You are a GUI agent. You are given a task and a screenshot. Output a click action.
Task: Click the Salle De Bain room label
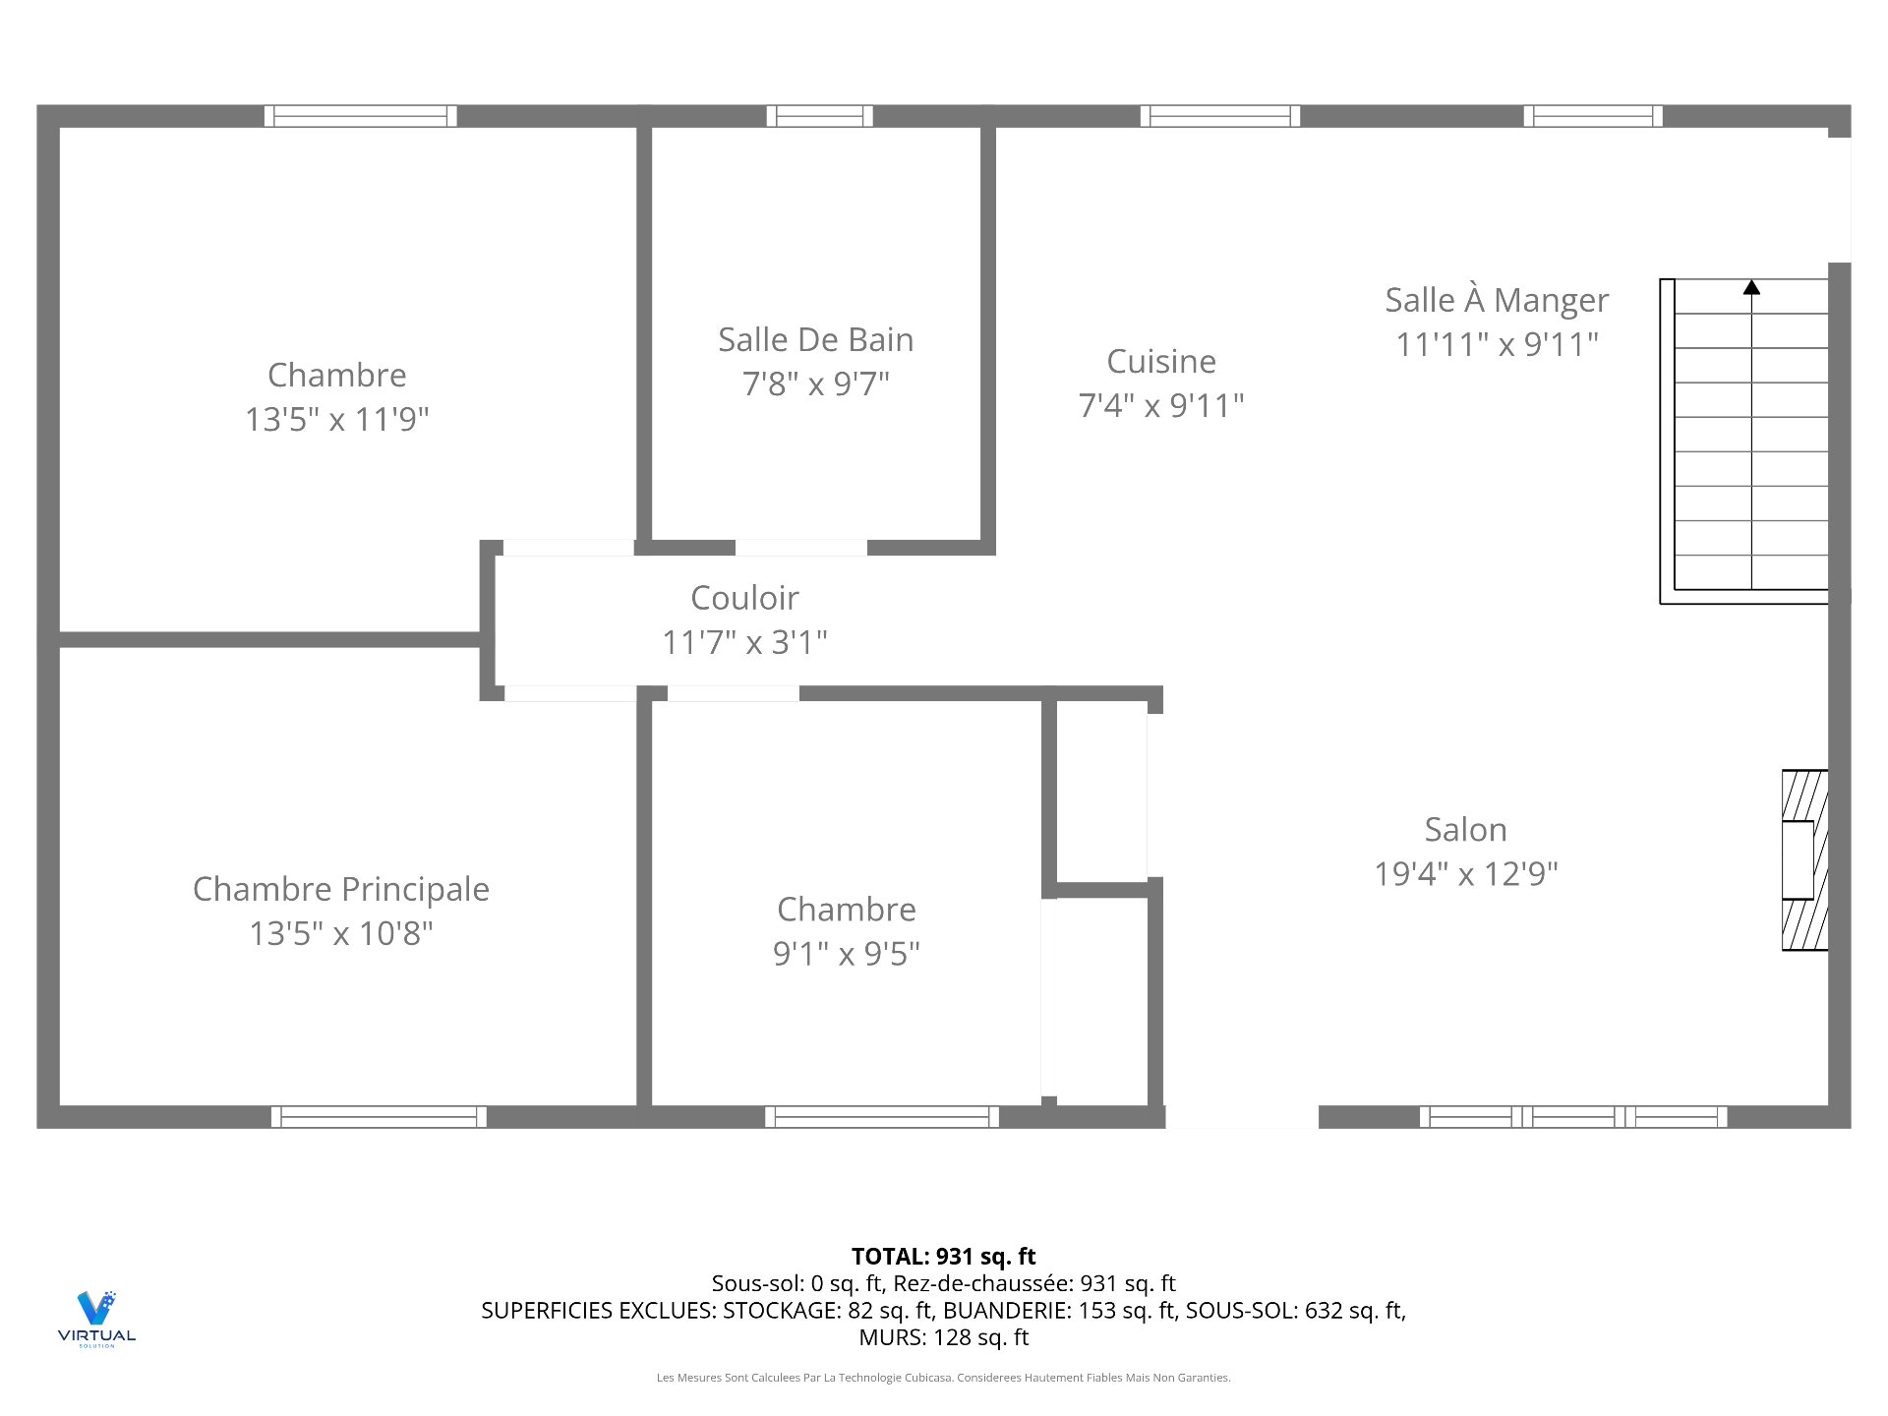pyautogui.click(x=815, y=340)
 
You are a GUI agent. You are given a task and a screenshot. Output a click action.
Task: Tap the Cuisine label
pyautogui.click(x=1161, y=362)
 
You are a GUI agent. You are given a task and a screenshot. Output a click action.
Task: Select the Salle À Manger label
pyautogui.click(x=1497, y=300)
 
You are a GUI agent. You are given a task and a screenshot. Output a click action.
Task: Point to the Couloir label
pyautogui.click(x=744, y=598)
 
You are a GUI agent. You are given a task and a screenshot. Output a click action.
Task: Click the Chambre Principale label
pyautogui.click(x=341, y=889)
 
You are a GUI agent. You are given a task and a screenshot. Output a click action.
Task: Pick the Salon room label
pyautogui.click(x=1465, y=830)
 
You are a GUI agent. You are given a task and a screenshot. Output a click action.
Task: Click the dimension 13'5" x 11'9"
pyautogui.click(x=337, y=420)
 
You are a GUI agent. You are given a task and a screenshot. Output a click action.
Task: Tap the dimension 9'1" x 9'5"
pyautogui.click(x=846, y=954)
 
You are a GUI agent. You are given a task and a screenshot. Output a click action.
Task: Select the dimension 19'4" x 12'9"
pyautogui.click(x=1465, y=874)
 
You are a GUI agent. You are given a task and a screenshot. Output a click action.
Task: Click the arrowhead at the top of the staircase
pyautogui.click(x=1751, y=288)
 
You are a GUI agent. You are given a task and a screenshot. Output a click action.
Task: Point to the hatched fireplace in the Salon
pyautogui.click(x=1804, y=860)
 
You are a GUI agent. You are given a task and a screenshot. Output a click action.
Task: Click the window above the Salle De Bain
pyautogui.click(x=819, y=116)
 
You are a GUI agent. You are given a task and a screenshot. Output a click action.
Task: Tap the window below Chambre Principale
pyautogui.click(x=379, y=1117)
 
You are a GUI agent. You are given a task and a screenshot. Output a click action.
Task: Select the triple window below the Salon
pyautogui.click(x=1572, y=1117)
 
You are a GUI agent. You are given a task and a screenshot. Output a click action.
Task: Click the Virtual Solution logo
pyautogui.click(x=96, y=1318)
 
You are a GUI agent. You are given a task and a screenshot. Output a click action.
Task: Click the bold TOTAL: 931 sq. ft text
pyautogui.click(x=943, y=1257)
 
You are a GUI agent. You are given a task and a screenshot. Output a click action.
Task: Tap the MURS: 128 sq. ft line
pyautogui.click(x=943, y=1337)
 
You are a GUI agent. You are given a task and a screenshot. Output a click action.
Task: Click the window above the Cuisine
pyautogui.click(x=1219, y=116)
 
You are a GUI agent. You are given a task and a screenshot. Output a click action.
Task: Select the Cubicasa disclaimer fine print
pyautogui.click(x=943, y=1378)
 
